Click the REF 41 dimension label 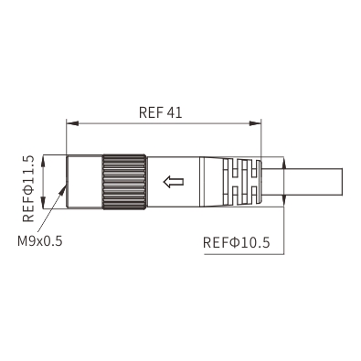[x=160, y=112]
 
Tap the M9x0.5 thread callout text [x=40, y=241]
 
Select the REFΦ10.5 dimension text [x=237, y=243]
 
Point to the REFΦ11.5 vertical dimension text [x=28, y=188]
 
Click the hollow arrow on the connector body [x=174, y=182]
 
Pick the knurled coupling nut [x=124, y=182]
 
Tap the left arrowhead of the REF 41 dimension [x=72, y=123]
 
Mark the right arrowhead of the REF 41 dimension [x=255, y=123]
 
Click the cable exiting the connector [x=302, y=182]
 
